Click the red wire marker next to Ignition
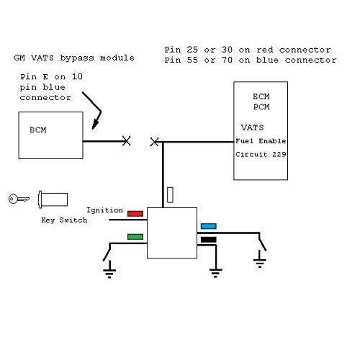pos(135,213)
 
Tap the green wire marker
pos(135,236)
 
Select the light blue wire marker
pos(209,226)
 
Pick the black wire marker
pos(209,239)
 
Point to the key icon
pos(17,199)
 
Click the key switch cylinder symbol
pos(53,198)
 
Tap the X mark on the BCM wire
pos(127,142)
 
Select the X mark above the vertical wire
pos(153,142)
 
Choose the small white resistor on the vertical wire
pos(169,195)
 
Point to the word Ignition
pos(104,210)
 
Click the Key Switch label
pos(63,220)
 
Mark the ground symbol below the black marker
pos(214,271)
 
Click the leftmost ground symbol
pos(109,271)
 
